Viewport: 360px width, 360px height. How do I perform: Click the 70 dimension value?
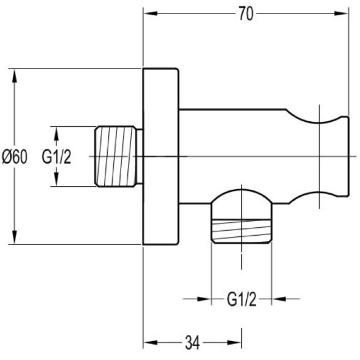point(246,13)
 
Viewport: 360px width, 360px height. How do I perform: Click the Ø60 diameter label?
point(15,157)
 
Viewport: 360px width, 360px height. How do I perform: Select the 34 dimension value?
point(192,343)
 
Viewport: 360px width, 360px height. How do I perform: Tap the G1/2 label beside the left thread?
point(56,157)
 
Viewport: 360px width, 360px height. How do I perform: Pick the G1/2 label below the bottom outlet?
point(241,299)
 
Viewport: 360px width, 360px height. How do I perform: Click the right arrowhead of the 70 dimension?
point(342,13)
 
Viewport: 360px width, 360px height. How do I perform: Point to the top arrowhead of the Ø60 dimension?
point(15,76)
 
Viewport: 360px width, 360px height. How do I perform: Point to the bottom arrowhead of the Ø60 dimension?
point(15,237)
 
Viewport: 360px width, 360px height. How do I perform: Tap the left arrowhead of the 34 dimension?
point(151,343)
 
